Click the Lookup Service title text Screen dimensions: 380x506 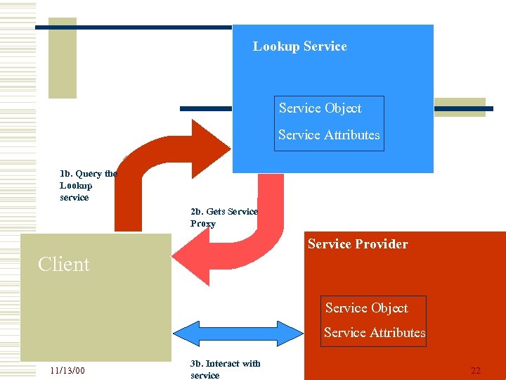coord(299,46)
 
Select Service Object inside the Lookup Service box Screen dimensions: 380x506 coord(320,108)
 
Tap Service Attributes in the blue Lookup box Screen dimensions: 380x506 coord(328,135)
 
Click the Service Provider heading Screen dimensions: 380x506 coord(357,244)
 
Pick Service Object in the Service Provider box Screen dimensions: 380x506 coord(366,308)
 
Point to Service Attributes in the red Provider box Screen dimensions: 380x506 coord(375,333)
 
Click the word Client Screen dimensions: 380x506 coord(64,265)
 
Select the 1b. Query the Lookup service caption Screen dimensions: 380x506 coord(88,185)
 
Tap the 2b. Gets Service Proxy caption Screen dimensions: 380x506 coord(223,217)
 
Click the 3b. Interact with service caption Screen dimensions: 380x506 coord(225,369)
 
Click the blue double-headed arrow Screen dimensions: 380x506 coord(236,333)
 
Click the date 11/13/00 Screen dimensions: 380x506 coord(67,370)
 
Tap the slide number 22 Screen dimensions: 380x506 coord(476,371)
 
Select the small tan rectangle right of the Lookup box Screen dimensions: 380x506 coord(460,107)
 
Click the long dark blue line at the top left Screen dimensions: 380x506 coord(134,27)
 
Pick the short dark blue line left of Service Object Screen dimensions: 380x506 coord(205,109)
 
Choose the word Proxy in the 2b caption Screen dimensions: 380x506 coord(203,224)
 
